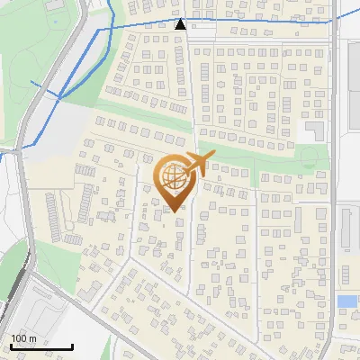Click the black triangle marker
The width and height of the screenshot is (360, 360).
coord(181,24)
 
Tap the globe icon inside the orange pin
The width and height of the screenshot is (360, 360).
coord(174,176)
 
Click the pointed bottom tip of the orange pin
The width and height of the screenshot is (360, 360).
coord(175,211)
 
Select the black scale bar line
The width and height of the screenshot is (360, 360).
coord(41,347)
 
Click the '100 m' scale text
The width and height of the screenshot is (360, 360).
coord(24,338)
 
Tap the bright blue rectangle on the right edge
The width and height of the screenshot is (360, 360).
coord(346,301)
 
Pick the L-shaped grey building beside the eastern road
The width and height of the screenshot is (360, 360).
coord(315,130)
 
